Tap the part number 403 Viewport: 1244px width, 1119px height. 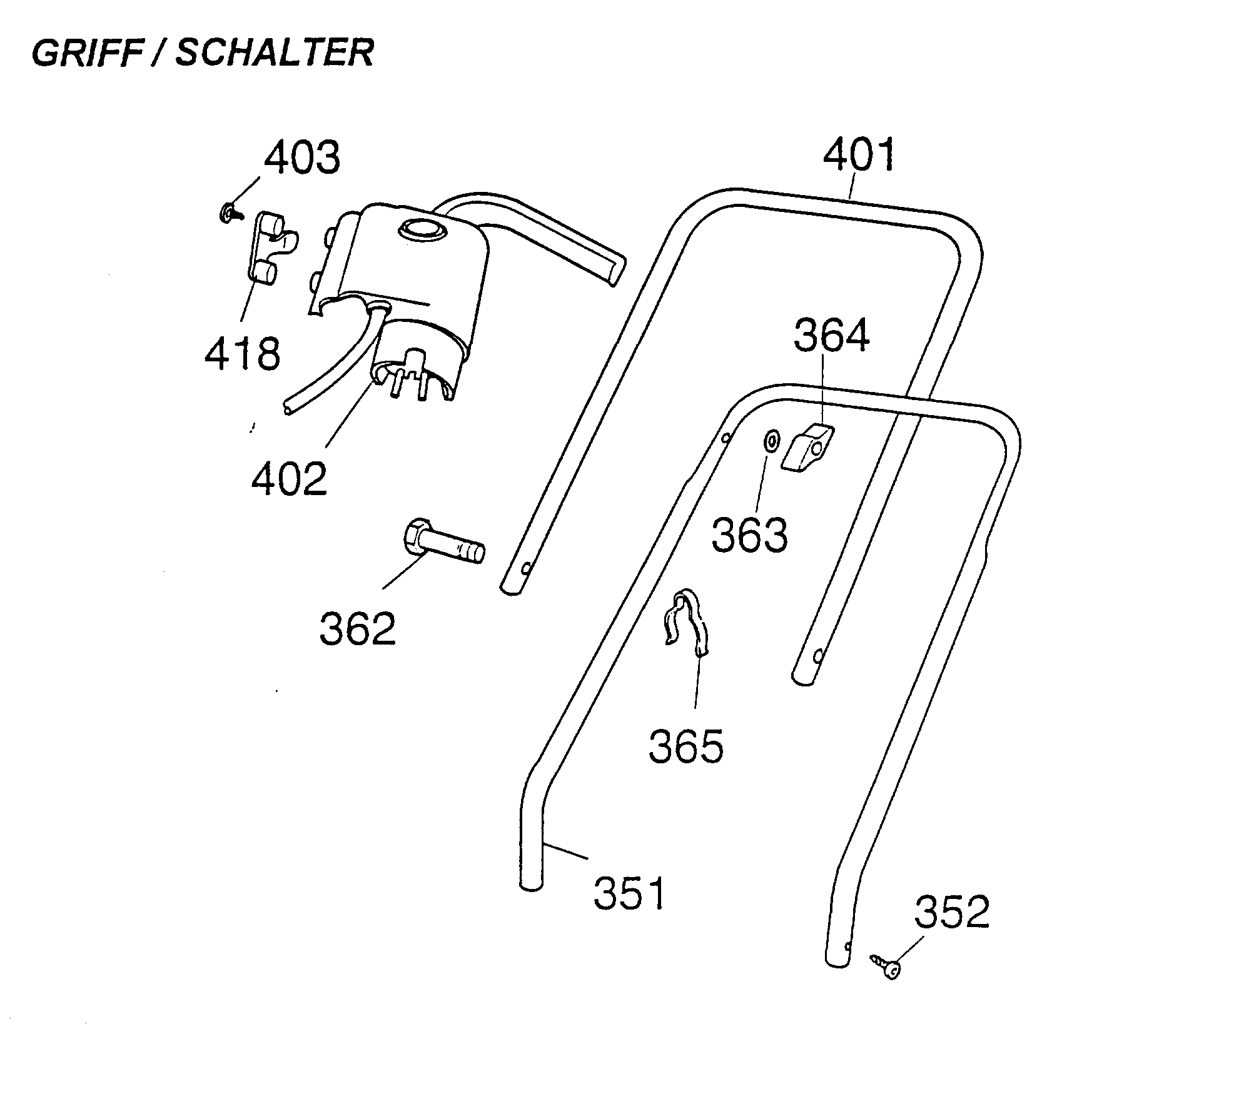(302, 158)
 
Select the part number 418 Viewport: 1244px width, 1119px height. (243, 354)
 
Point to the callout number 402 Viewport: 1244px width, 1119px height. (289, 479)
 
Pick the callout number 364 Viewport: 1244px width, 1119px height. (831, 336)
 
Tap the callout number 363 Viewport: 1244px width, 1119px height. (750, 535)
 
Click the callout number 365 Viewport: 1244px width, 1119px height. (685, 746)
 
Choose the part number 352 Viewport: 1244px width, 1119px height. (952, 912)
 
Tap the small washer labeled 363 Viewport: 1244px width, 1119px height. (771, 441)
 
